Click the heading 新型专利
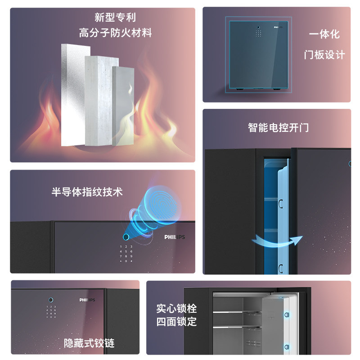(x=115, y=18)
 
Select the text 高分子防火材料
(x=115, y=33)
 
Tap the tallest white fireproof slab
(x=72, y=94)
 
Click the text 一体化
(x=324, y=35)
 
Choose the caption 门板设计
(x=324, y=55)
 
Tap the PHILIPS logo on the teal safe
(x=279, y=27)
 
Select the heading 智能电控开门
(x=278, y=127)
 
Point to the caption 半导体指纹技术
(x=87, y=192)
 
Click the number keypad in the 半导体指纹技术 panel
(x=126, y=254)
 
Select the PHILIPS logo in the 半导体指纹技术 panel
(x=175, y=237)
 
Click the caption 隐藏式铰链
(x=89, y=343)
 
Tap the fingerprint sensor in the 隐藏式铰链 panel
(x=51, y=300)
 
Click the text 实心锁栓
(x=176, y=309)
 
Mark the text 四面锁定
(x=176, y=322)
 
